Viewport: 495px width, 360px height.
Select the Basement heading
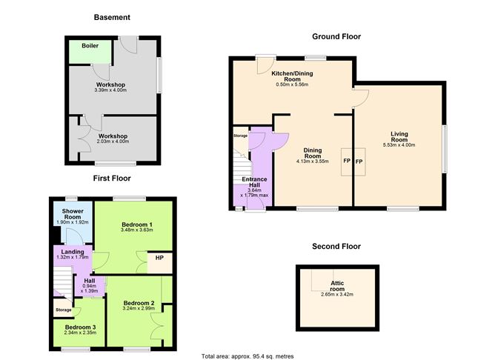113,17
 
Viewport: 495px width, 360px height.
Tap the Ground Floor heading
335,36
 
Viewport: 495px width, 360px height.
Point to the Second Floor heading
336,246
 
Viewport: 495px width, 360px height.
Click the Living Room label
399,136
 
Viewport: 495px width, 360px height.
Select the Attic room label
336,285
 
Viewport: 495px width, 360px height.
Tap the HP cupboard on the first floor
159,259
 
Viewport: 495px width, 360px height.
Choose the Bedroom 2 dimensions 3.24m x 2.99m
139,311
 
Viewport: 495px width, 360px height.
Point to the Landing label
72,252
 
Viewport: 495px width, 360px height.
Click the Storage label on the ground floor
240,136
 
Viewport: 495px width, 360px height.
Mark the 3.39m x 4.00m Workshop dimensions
113,91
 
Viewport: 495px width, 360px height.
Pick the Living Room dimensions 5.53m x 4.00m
399,146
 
